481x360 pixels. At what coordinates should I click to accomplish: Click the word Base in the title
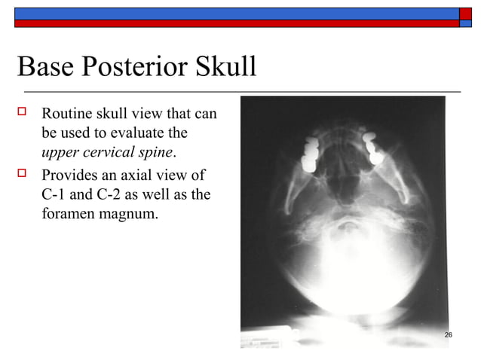pos(45,68)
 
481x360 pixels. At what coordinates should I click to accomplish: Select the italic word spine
pos(155,153)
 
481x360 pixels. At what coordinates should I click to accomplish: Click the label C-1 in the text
pos(55,196)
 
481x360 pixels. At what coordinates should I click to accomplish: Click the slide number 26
pos(449,334)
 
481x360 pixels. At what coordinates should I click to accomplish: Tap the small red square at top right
pos(465,23)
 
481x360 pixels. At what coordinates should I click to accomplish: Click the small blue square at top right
pos(465,13)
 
